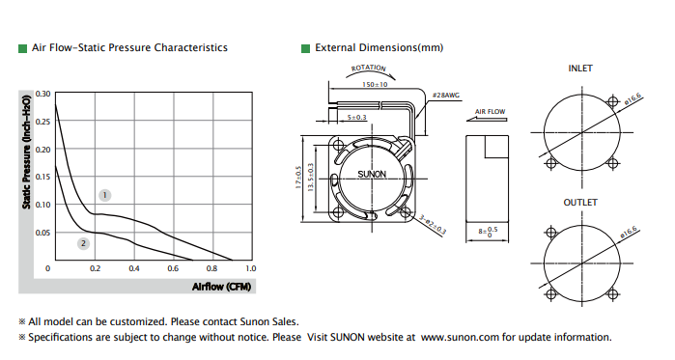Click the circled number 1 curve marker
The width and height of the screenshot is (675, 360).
click(x=104, y=195)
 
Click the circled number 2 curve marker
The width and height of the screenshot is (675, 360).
click(x=83, y=243)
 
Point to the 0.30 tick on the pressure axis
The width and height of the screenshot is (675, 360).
click(x=42, y=94)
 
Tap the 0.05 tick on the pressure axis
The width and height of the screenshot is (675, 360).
click(x=42, y=233)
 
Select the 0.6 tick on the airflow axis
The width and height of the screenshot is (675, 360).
click(x=173, y=268)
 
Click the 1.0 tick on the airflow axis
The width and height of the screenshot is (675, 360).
click(x=250, y=268)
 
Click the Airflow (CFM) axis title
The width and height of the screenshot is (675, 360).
click(x=221, y=287)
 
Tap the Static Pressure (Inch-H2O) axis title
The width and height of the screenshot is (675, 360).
click(x=27, y=152)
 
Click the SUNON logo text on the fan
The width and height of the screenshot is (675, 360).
click(x=372, y=174)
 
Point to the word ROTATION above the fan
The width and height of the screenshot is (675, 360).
click(x=369, y=68)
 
